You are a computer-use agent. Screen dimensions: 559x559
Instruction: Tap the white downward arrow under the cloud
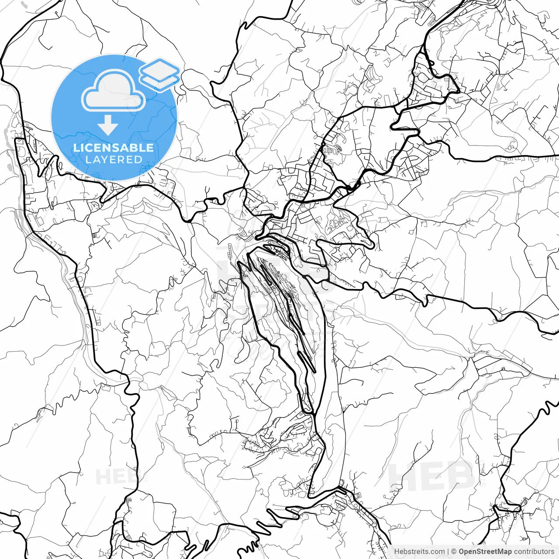(x=107, y=125)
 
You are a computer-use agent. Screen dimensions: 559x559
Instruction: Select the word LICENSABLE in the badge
(x=114, y=148)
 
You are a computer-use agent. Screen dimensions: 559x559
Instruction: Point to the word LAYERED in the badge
(x=114, y=159)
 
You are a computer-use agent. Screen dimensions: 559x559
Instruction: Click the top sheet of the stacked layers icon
(x=159, y=69)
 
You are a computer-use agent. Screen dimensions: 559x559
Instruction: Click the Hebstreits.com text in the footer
(x=419, y=552)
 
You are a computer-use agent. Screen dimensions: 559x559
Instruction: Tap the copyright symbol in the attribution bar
(x=454, y=552)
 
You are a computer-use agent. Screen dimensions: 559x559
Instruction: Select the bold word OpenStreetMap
(x=485, y=552)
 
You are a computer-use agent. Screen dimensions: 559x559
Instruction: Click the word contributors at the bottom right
(x=534, y=552)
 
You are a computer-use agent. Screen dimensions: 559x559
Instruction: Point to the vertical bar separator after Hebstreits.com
(x=449, y=552)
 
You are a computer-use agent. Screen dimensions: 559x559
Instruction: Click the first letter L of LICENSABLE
(x=76, y=148)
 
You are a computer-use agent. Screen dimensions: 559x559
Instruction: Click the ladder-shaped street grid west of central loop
(x=229, y=253)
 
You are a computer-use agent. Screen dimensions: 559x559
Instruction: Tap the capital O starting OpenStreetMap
(x=462, y=552)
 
